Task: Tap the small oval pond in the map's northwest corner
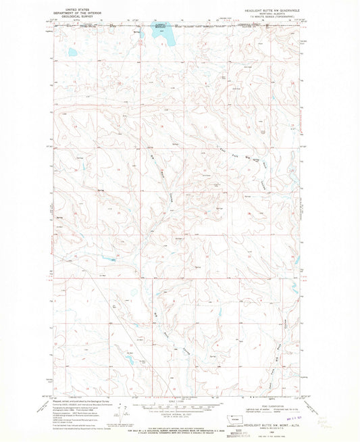click(x=71, y=51)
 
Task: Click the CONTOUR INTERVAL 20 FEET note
click(x=179, y=408)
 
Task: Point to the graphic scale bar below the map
click(x=179, y=401)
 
